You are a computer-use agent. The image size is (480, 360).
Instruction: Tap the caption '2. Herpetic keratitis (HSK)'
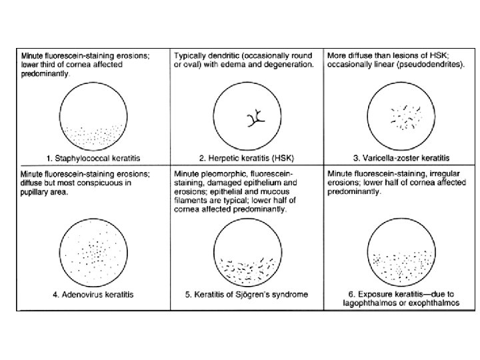[x=247, y=158]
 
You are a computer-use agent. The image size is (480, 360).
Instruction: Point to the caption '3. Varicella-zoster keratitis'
[x=402, y=158]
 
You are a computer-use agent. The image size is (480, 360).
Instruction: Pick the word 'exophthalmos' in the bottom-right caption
[x=427, y=303]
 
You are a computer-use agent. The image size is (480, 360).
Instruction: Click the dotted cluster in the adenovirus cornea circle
[x=93, y=253]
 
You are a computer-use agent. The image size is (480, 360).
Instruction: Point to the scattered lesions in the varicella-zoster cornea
[x=404, y=117]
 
